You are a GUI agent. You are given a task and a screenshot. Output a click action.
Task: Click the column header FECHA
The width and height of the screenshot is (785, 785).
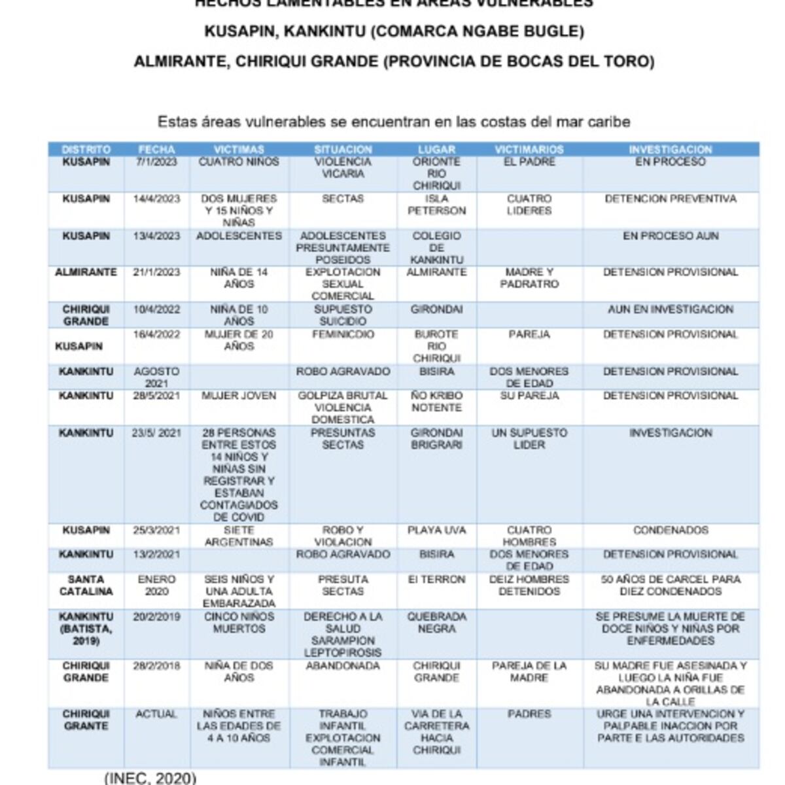tap(156, 149)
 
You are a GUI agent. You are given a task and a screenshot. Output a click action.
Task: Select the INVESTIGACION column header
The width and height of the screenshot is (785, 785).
tap(671, 149)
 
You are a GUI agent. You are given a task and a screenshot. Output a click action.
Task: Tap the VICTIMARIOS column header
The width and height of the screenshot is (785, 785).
tap(529, 149)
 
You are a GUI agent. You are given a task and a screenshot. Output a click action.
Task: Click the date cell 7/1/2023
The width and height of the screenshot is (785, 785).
tap(156, 162)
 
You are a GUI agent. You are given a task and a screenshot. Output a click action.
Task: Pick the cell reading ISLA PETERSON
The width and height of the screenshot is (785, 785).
tap(436, 205)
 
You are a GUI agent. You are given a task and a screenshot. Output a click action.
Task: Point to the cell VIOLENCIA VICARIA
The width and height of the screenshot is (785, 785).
tap(343, 167)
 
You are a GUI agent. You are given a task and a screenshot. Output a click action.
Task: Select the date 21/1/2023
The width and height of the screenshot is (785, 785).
tap(156, 272)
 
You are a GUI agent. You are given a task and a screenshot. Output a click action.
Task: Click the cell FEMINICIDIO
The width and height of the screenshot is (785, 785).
tap(343, 334)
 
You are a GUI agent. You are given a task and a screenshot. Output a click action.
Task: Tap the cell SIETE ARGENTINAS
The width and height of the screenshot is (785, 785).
tap(239, 536)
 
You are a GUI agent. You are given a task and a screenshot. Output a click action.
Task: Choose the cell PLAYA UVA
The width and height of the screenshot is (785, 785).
tap(436, 530)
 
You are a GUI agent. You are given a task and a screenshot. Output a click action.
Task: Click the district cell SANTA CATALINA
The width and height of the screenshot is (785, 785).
tap(86, 585)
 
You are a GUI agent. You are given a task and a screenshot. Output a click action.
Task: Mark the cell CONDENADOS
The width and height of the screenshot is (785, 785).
tap(671, 530)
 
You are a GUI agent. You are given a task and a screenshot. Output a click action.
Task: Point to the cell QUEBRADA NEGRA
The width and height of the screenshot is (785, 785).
tap(436, 622)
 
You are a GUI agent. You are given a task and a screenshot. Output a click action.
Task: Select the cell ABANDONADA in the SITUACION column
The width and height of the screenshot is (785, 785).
tap(343, 666)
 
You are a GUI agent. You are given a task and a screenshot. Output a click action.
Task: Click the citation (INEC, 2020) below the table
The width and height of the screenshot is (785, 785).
tap(150, 778)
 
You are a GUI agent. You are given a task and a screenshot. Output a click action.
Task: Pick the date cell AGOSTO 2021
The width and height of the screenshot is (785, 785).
tap(156, 377)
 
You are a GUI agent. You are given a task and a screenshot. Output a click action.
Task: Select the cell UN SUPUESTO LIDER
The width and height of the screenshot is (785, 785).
tap(529, 438)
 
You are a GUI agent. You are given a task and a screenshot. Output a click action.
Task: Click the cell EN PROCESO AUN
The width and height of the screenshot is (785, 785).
tap(671, 235)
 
